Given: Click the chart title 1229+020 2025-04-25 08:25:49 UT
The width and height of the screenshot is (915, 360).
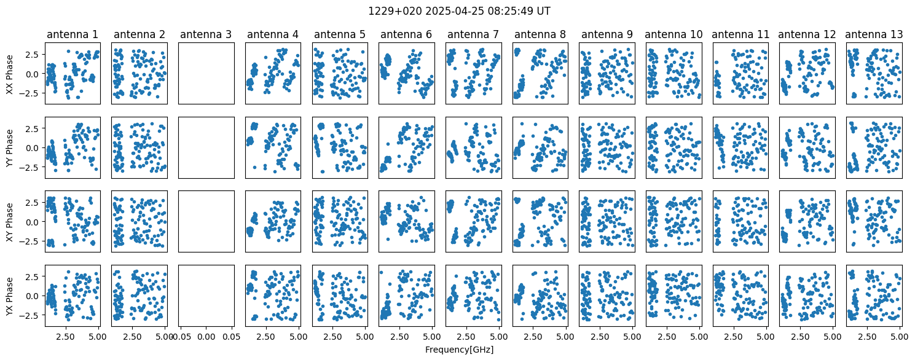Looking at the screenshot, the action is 459,11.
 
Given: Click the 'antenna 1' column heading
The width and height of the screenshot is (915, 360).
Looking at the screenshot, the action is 73,34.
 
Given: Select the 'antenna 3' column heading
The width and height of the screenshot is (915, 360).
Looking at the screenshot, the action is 206,34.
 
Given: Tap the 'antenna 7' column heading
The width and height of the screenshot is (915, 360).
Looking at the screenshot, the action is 473,34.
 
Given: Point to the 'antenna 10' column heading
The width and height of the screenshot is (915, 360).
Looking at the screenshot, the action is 673,34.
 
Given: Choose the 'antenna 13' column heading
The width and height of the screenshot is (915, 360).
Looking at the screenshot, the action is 874,34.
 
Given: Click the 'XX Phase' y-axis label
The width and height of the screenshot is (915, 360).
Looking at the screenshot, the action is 9,74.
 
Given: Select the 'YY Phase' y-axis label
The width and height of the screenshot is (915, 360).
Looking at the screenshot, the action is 9,148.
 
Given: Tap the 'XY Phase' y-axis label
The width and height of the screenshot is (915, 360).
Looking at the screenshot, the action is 9,222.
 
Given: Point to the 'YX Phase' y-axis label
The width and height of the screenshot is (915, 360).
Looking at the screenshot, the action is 9,296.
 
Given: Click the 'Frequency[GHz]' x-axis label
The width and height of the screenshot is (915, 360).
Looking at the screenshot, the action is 459,350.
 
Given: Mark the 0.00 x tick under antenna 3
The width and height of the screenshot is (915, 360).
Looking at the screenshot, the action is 206,337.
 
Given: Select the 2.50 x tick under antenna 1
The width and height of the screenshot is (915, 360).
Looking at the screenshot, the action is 65,337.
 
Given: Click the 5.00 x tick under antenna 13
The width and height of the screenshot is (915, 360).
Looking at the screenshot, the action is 900,337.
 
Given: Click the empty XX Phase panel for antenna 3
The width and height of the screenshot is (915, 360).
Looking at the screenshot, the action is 206,74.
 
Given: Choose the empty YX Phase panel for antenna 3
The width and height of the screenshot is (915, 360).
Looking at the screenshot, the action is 206,295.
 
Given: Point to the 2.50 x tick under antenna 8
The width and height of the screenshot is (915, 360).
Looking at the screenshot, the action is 533,337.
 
